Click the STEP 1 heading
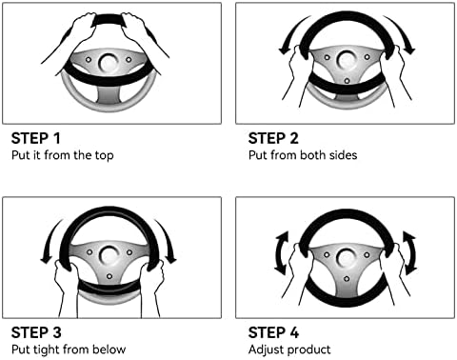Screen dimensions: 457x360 point(35,138)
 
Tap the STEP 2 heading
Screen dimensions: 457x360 point(273,138)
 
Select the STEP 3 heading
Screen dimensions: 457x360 point(36,332)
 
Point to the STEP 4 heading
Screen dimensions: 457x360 point(273,332)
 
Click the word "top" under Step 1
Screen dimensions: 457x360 point(104,155)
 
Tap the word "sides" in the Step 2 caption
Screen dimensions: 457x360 point(344,155)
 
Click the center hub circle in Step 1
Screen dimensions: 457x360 point(109,63)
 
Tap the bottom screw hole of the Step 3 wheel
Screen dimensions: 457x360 point(109,276)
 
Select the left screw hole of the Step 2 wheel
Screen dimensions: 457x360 point(327,57)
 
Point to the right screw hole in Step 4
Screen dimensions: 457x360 point(367,254)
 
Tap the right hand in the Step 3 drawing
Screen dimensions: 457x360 point(152,286)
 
